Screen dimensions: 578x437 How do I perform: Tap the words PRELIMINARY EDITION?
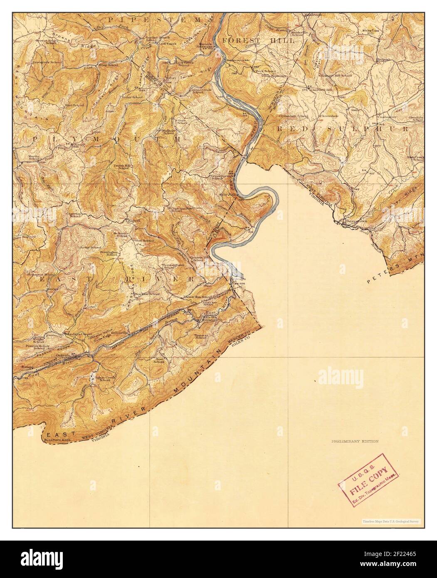coord(355,442)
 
